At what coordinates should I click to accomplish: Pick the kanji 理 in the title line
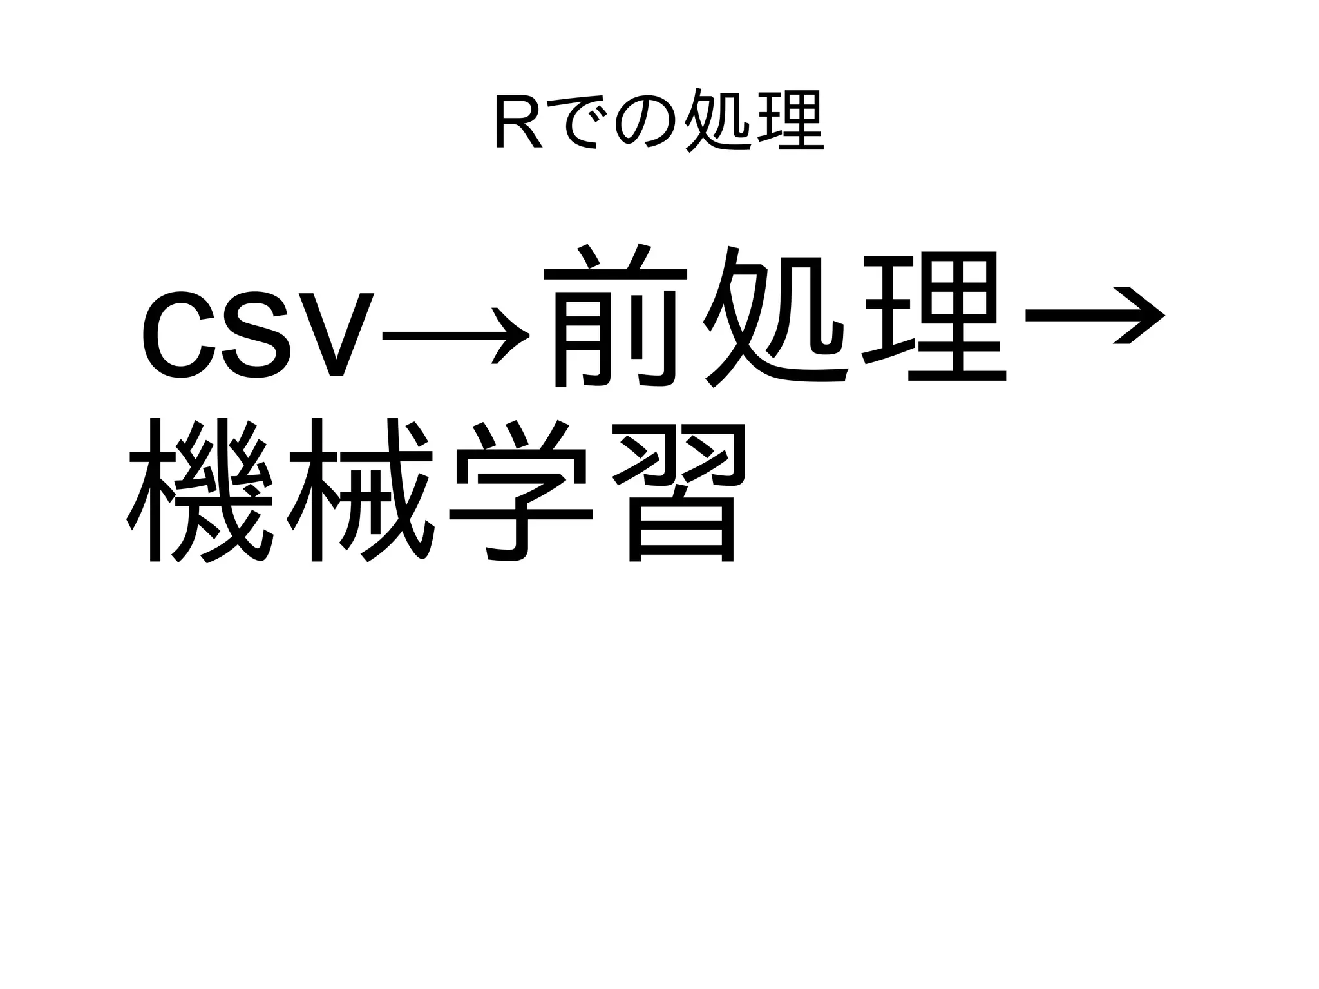790,120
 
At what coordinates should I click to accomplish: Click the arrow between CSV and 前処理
455,336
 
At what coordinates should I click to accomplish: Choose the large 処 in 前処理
776,316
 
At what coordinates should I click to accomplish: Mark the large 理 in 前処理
934,316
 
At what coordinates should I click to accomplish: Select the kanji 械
361,490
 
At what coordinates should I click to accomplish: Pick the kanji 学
522,490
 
